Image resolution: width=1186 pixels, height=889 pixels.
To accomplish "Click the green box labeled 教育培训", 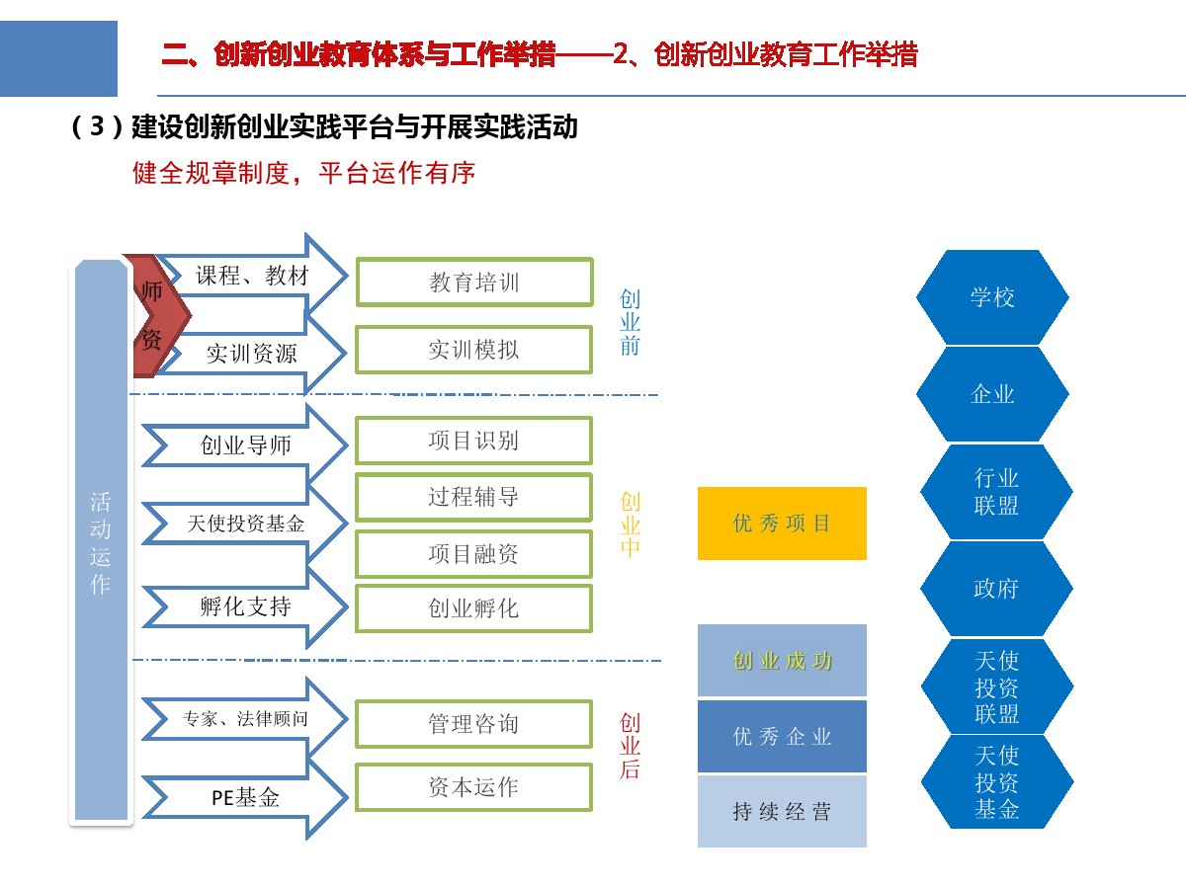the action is tap(474, 283).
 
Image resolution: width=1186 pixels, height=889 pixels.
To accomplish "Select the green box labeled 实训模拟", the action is tap(473, 350).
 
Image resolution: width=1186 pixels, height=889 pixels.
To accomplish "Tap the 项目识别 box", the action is tap(473, 441).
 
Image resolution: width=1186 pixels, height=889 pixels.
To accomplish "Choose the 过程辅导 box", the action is tap(473, 497).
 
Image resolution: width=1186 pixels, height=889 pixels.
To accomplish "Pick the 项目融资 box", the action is tap(473, 554).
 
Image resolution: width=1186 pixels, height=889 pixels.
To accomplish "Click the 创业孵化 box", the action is tap(473, 608).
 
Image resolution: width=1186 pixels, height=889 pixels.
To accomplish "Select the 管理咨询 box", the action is tap(473, 724).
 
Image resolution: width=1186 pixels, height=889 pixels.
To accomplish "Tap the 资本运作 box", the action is tap(473, 787).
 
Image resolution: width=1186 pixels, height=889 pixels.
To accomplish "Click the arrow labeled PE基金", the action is tap(245, 798).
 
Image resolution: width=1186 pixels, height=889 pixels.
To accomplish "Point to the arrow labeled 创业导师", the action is tap(245, 445).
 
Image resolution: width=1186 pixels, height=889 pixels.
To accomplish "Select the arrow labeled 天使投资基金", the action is tap(245, 524).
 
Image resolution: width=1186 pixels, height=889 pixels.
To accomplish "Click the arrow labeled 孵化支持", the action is tap(245, 606).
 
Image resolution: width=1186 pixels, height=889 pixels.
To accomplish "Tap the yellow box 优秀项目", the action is tap(782, 524).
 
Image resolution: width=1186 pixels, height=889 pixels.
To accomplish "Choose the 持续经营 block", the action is tap(782, 811).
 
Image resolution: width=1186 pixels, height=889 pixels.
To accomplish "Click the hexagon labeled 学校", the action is tap(992, 297).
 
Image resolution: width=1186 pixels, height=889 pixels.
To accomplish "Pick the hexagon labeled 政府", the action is tap(996, 589).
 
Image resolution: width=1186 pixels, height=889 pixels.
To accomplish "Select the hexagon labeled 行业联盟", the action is tap(996, 492).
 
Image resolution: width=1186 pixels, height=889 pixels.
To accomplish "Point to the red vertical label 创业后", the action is tap(630, 746).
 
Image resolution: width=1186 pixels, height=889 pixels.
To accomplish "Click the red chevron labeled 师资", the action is tap(157, 315).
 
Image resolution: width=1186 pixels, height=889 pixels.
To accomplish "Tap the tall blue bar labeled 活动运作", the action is tap(101, 541).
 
